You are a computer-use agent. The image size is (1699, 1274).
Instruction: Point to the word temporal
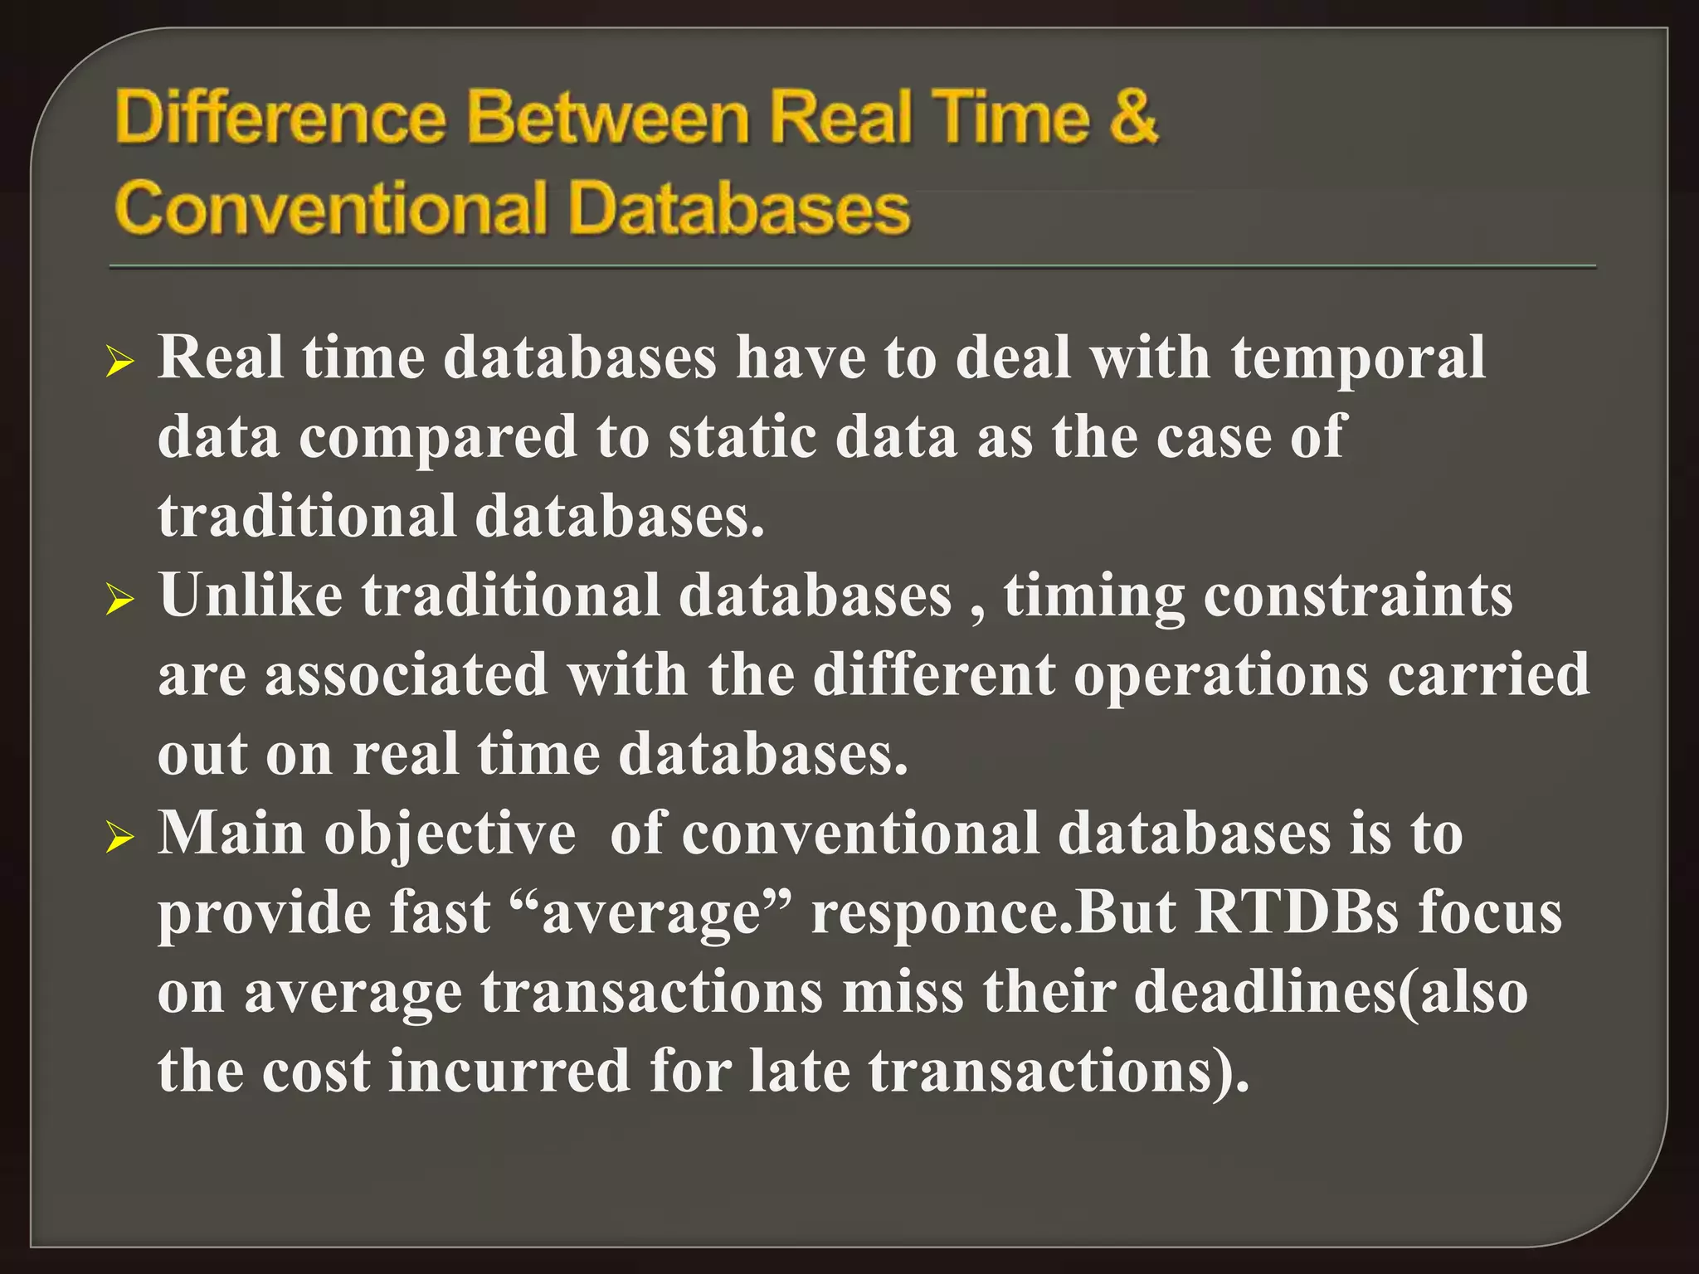(x=1357, y=358)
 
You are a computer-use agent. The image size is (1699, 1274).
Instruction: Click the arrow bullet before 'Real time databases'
(x=120, y=362)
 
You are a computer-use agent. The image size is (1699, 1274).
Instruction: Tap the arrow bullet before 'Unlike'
(x=120, y=599)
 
